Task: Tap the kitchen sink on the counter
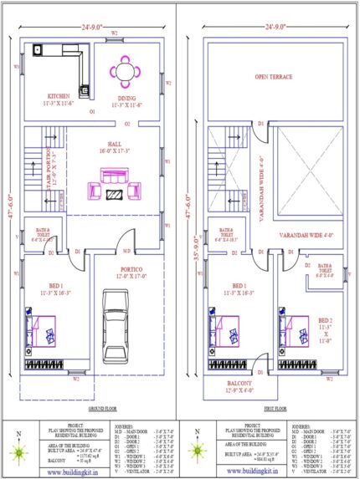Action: [36, 49]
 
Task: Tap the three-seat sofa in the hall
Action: [114, 176]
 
